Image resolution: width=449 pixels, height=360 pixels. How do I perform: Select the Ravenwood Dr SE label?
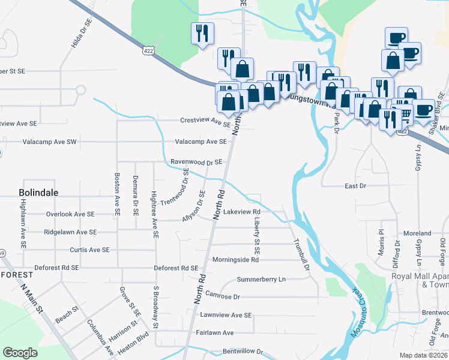coord(196,162)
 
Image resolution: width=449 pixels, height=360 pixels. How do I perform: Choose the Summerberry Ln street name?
coord(261,280)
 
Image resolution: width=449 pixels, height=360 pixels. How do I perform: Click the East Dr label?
coord(355,186)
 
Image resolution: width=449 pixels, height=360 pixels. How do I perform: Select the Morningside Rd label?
coord(235,260)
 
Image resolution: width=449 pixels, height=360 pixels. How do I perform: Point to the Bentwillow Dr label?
coord(243,350)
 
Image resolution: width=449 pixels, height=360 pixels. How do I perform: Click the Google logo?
coord(20,353)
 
